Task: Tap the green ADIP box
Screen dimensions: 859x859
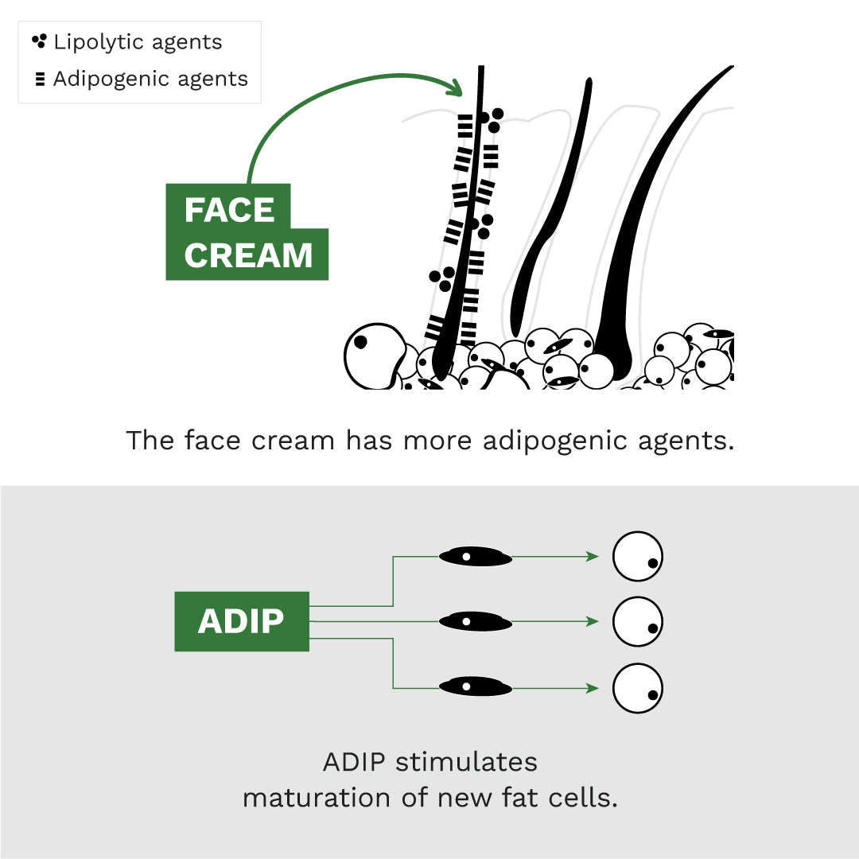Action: pyautogui.click(x=241, y=621)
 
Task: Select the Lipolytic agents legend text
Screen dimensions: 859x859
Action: pyautogui.click(x=138, y=42)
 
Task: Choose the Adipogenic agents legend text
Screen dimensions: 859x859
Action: pyautogui.click(x=150, y=80)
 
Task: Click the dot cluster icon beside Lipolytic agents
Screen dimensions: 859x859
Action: pyautogui.click(x=39, y=41)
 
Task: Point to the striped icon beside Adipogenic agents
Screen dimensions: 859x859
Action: pyautogui.click(x=40, y=80)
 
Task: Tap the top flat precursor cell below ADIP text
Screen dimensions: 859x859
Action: pyautogui.click(x=476, y=556)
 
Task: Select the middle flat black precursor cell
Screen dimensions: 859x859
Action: pyautogui.click(x=476, y=620)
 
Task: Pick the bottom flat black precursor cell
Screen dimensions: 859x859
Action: pyautogui.click(x=476, y=686)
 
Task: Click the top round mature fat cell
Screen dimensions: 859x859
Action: pyautogui.click(x=637, y=556)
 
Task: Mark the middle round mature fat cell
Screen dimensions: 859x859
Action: pyautogui.click(x=637, y=620)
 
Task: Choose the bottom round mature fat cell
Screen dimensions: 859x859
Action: pyautogui.click(x=637, y=688)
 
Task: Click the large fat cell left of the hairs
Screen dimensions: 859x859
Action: pyautogui.click(x=372, y=354)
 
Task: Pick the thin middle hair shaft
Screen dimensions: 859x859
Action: pyautogui.click(x=549, y=215)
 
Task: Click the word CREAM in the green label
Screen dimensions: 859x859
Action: pyautogui.click(x=248, y=256)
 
